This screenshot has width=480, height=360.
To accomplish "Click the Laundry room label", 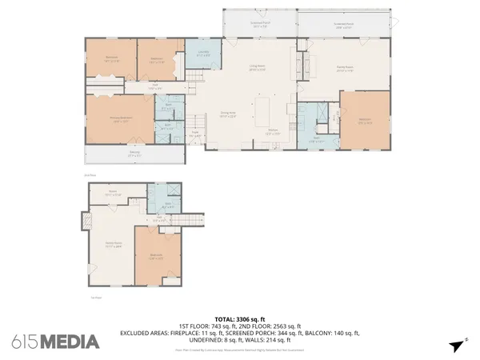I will pyautogui.click(x=203, y=54).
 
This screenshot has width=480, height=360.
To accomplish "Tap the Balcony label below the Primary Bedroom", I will pyautogui.click(x=133, y=154).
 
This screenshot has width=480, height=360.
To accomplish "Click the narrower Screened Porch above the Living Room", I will pyautogui.click(x=260, y=25).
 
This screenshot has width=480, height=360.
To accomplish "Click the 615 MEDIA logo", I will pyautogui.click(x=55, y=342).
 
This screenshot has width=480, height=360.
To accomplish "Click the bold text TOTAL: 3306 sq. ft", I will pyautogui.click(x=240, y=318).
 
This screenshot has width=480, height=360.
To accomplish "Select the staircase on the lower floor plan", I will pyautogui.click(x=186, y=220).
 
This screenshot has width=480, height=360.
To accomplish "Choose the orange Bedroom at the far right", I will pyautogui.click(x=365, y=122).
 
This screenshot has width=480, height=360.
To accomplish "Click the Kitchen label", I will pyautogui.click(x=273, y=132).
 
